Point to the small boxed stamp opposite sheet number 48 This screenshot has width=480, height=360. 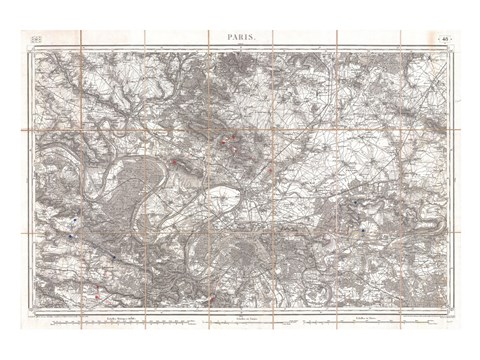pos(37,38)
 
